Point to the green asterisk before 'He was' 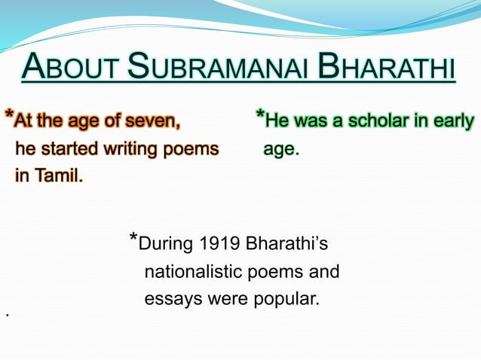click(x=259, y=116)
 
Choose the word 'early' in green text click(x=454, y=121)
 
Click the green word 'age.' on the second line click(x=280, y=150)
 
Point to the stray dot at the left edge click(x=6, y=313)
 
